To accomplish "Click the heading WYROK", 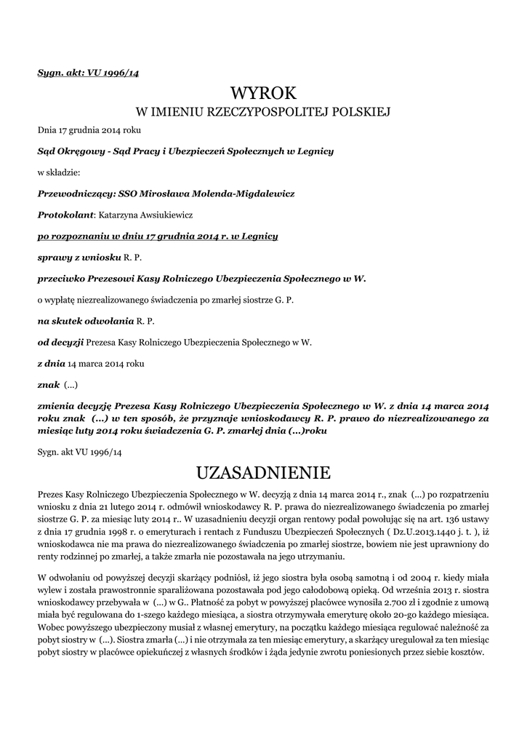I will [x=263, y=93].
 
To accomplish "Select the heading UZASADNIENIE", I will [x=263, y=474].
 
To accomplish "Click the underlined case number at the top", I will [x=88, y=73].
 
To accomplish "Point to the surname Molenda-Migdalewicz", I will [x=234, y=194].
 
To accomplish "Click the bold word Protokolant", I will [x=66, y=215].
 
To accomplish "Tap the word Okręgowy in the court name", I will [x=84, y=151].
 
